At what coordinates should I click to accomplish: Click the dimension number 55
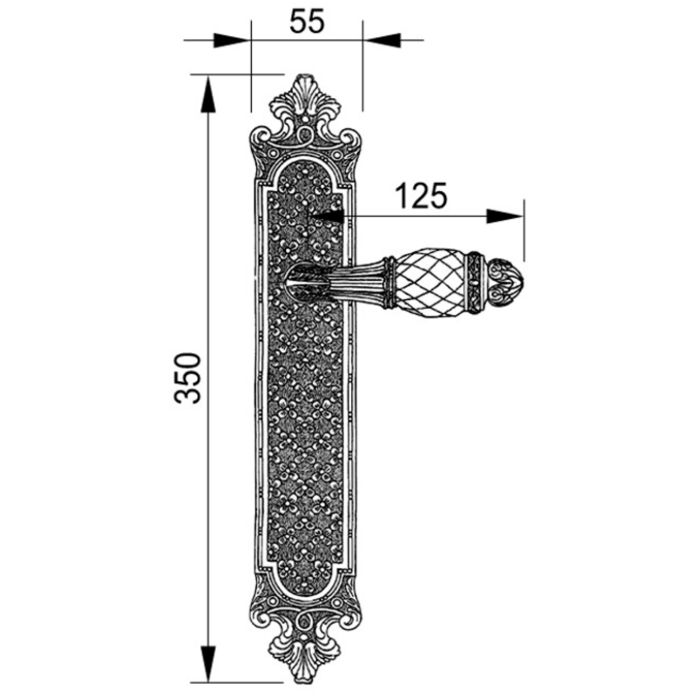[x=307, y=21]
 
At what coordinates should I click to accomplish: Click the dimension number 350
[x=187, y=378]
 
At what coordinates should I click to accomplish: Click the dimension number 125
[x=421, y=196]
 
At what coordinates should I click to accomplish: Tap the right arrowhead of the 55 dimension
[x=382, y=40]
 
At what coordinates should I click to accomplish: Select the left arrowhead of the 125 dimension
[x=329, y=216]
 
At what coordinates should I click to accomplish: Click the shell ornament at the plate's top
[x=306, y=97]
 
